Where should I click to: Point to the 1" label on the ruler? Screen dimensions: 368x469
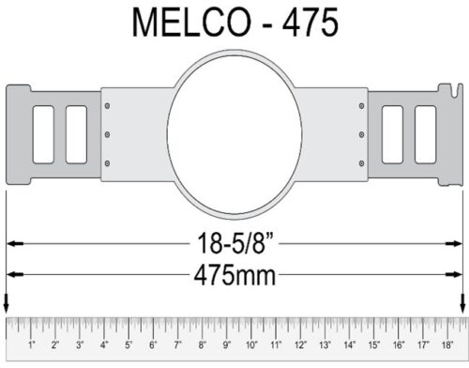click(x=32, y=346)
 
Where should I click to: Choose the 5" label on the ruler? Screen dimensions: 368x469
click(x=129, y=346)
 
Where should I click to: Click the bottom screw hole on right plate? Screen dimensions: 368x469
click(x=360, y=158)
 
